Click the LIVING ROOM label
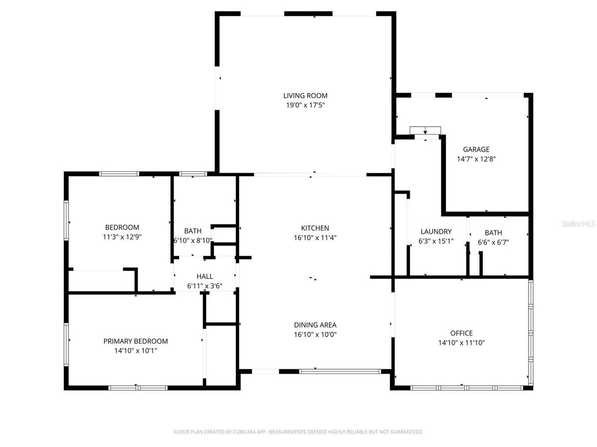point(305,96)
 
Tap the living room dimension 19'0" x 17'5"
point(305,105)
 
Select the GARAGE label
point(476,149)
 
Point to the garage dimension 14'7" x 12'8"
point(476,159)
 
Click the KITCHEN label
point(315,228)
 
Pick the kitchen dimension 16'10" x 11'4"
point(315,237)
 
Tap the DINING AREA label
point(315,325)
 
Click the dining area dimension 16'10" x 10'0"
point(315,334)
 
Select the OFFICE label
point(461,333)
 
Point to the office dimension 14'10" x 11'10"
point(461,343)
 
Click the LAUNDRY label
point(436,231)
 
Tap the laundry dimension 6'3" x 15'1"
point(436,242)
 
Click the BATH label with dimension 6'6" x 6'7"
point(493,233)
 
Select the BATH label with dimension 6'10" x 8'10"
point(193,231)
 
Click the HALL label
point(204,277)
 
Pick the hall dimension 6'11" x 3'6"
point(204,286)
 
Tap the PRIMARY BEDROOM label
point(135,341)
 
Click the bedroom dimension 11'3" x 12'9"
point(122,237)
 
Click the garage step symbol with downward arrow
point(425,130)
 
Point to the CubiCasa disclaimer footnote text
point(298,432)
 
